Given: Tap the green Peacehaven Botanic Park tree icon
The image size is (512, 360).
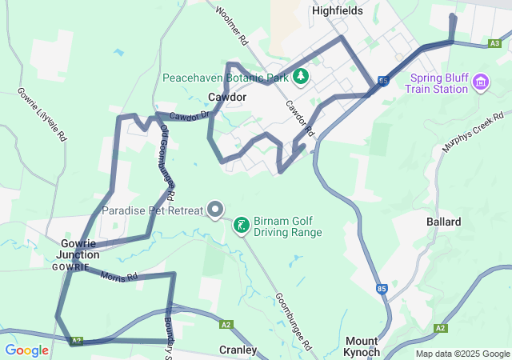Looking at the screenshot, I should pyautogui.click(x=301, y=77).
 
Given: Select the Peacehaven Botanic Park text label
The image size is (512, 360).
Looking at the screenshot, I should pyautogui.click(x=225, y=78).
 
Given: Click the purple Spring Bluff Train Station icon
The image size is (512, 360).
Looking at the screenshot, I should pyautogui.click(x=480, y=82).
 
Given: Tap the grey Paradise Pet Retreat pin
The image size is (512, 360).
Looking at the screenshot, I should pyautogui.click(x=215, y=210).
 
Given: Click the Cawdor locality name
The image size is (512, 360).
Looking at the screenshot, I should pyautogui.click(x=226, y=97).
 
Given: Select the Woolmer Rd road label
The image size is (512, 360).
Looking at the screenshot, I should pyautogui.click(x=233, y=26).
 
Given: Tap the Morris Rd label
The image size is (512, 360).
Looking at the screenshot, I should pyautogui.click(x=120, y=277).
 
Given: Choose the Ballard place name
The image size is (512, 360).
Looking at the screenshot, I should pyautogui.click(x=443, y=222).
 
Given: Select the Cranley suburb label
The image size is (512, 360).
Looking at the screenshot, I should pyautogui.click(x=238, y=350).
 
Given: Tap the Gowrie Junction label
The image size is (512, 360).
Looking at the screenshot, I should pyautogui.click(x=78, y=249).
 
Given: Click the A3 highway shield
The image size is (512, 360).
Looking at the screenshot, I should pyautogui.click(x=496, y=44).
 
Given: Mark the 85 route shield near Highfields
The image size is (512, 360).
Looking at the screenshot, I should pyautogui.click(x=385, y=81).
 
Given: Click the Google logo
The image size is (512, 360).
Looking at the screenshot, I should pyautogui.click(x=26, y=350).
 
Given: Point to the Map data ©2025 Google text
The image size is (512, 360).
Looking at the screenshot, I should pyautogui.click(x=462, y=354).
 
